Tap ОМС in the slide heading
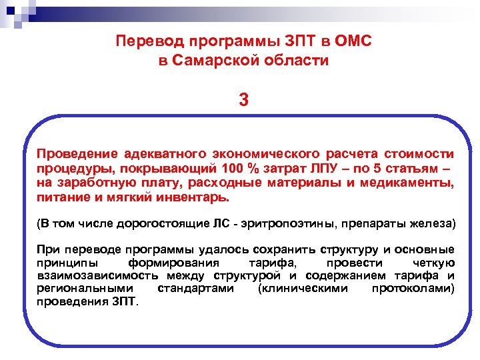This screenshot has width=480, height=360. tap(353, 41)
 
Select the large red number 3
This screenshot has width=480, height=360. tap(244, 100)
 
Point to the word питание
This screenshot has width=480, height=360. tap(59, 197)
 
